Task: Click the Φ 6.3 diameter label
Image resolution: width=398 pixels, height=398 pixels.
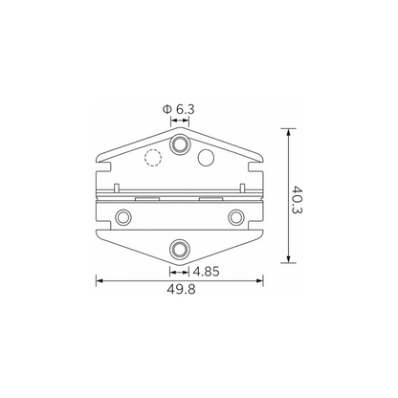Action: tap(178, 110)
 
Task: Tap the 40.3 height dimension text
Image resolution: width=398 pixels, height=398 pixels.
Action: tap(297, 199)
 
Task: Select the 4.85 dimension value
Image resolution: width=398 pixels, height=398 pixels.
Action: tap(207, 272)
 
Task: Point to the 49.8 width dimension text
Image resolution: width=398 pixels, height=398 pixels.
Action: tap(181, 290)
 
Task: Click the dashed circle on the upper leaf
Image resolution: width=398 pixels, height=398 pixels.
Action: tap(153, 158)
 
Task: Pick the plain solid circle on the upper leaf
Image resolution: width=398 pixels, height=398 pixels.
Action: tap(206, 157)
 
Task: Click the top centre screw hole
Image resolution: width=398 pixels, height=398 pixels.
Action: tap(180, 144)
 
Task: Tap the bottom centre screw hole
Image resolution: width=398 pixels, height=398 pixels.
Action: tap(180, 249)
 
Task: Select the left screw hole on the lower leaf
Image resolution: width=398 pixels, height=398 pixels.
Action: tap(122, 217)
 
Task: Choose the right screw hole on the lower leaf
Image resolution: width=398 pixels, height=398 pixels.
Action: tap(236, 217)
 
